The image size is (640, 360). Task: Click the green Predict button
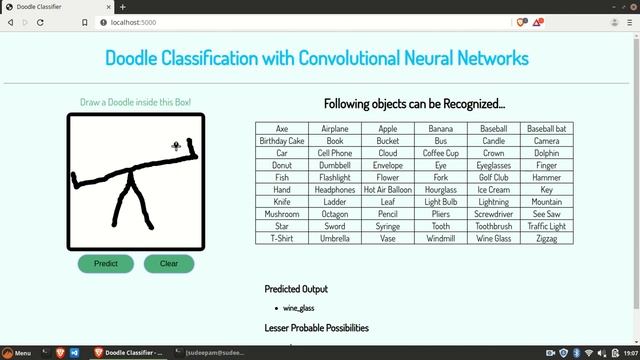click(x=105, y=264)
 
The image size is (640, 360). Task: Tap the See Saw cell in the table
click(x=546, y=214)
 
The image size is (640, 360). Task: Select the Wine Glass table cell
click(x=493, y=239)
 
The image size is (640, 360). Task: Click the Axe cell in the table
click(x=282, y=129)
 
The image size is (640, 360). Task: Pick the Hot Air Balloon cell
click(x=387, y=190)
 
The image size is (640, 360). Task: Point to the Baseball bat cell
click(x=546, y=129)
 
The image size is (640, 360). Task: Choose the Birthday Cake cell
click(x=282, y=141)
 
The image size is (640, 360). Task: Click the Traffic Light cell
click(x=546, y=227)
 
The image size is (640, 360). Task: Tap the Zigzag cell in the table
click(x=546, y=239)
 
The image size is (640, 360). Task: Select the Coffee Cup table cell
click(x=440, y=154)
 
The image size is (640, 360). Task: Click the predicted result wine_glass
click(x=299, y=308)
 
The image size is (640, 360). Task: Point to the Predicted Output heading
click(x=296, y=289)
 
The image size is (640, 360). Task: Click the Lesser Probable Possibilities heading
click(x=316, y=328)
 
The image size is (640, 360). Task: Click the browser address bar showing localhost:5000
click(x=300, y=22)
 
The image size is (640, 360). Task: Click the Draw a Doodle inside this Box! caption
click(x=135, y=103)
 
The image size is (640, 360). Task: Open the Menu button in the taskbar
click(x=17, y=353)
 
